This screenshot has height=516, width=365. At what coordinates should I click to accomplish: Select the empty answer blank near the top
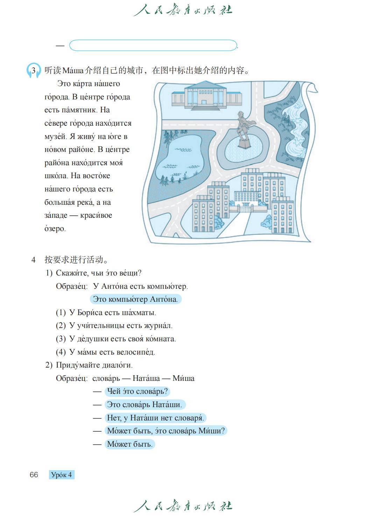[153, 46]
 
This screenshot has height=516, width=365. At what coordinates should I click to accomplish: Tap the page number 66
[34, 475]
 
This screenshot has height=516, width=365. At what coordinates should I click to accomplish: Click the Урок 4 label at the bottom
[62, 475]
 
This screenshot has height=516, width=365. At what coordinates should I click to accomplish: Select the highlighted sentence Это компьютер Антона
[135, 299]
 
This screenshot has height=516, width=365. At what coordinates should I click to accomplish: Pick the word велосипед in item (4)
[135, 352]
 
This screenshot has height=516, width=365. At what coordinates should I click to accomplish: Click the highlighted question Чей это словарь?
[137, 391]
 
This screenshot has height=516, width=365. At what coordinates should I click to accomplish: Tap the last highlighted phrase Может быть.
[129, 444]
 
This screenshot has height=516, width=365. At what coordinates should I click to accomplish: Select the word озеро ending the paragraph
[55, 229]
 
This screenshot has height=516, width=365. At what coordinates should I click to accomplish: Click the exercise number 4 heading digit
[34, 260]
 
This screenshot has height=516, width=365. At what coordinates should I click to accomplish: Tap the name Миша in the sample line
[183, 378]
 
